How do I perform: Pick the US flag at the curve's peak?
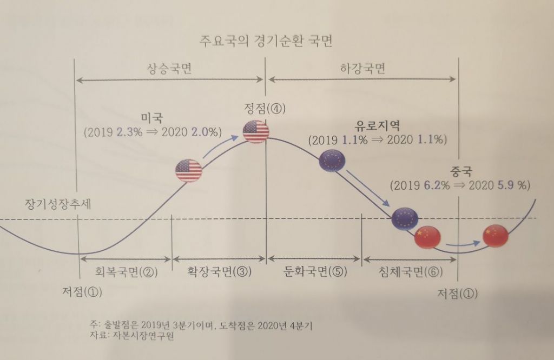[256, 131]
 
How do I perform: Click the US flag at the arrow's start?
[188, 170]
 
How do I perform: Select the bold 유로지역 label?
[377, 126]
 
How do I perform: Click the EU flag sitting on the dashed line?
[405, 219]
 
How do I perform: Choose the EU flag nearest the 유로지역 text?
[332, 161]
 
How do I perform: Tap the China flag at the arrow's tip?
[495, 235]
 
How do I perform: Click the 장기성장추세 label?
[59, 204]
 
